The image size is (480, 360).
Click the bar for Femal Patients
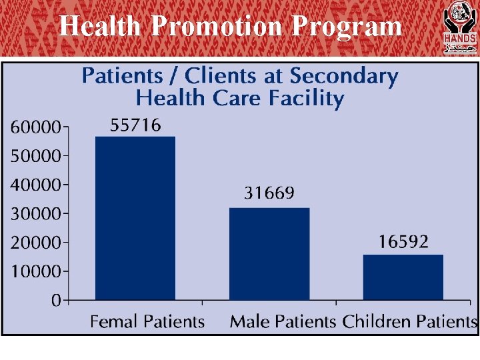(135, 218)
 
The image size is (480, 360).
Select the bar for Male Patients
(269, 253)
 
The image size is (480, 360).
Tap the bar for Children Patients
(403, 277)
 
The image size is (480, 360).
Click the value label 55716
(135, 125)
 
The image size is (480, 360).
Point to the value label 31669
(269, 194)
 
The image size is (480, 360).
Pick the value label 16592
(403, 242)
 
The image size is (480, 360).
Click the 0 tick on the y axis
(57, 301)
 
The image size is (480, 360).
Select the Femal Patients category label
(147, 322)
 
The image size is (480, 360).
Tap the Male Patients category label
(283, 322)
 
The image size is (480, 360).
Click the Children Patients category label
(409, 322)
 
